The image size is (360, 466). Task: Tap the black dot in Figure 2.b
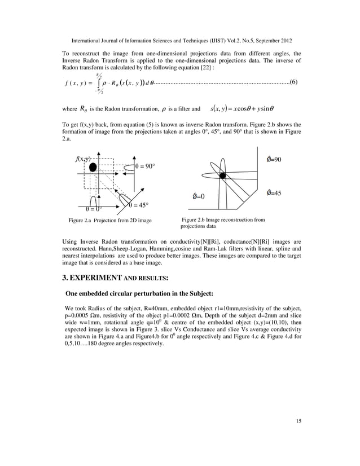tap(222, 176)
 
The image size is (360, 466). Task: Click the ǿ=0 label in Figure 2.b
tap(198, 196)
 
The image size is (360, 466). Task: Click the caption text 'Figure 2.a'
tap(80, 220)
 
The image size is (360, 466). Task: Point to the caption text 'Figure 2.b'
tap(195, 219)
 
